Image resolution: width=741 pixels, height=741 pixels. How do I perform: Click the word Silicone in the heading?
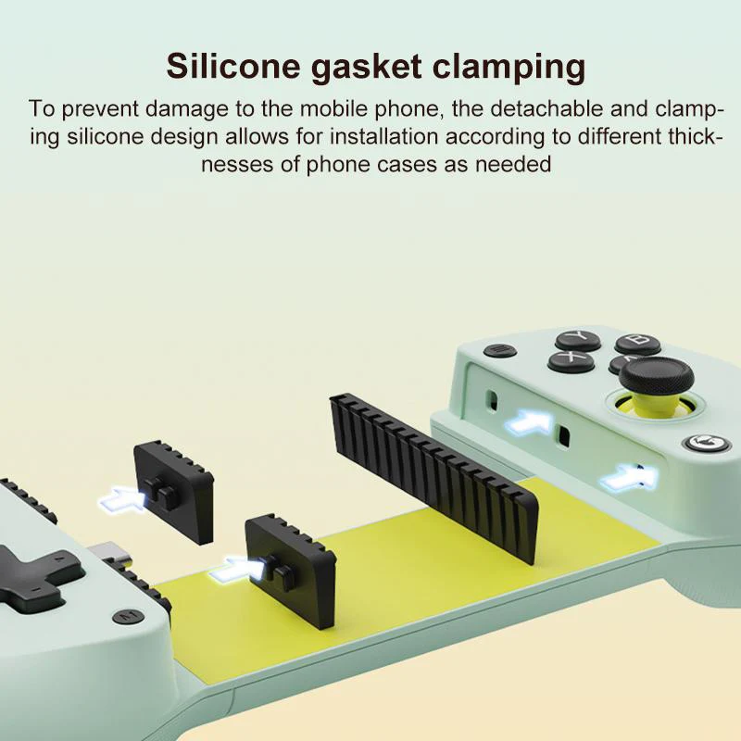pyautogui.click(x=233, y=66)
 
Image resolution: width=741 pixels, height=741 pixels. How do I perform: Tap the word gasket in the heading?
pyautogui.click(x=366, y=66)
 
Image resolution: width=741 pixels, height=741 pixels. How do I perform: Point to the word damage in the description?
pyautogui.click(x=187, y=108)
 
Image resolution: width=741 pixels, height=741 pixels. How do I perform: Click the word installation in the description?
pyautogui.click(x=383, y=137)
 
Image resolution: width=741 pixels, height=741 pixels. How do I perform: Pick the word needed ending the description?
pyautogui.click(x=513, y=165)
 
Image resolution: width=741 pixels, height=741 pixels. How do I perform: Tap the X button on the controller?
pyautogui.click(x=571, y=360)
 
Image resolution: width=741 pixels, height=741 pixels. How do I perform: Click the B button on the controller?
pyautogui.click(x=637, y=343)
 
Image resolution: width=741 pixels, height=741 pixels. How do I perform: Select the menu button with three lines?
pyautogui.click(x=500, y=351)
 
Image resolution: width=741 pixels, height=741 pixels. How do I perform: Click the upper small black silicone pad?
pyautogui.click(x=173, y=491)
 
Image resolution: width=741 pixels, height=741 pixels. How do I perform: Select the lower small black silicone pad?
pyautogui.click(x=290, y=561)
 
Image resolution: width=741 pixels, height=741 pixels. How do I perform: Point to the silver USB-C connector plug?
pyautogui.click(x=109, y=555)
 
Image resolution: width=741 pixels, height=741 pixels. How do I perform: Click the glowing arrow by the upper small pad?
pyautogui.click(x=123, y=498)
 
